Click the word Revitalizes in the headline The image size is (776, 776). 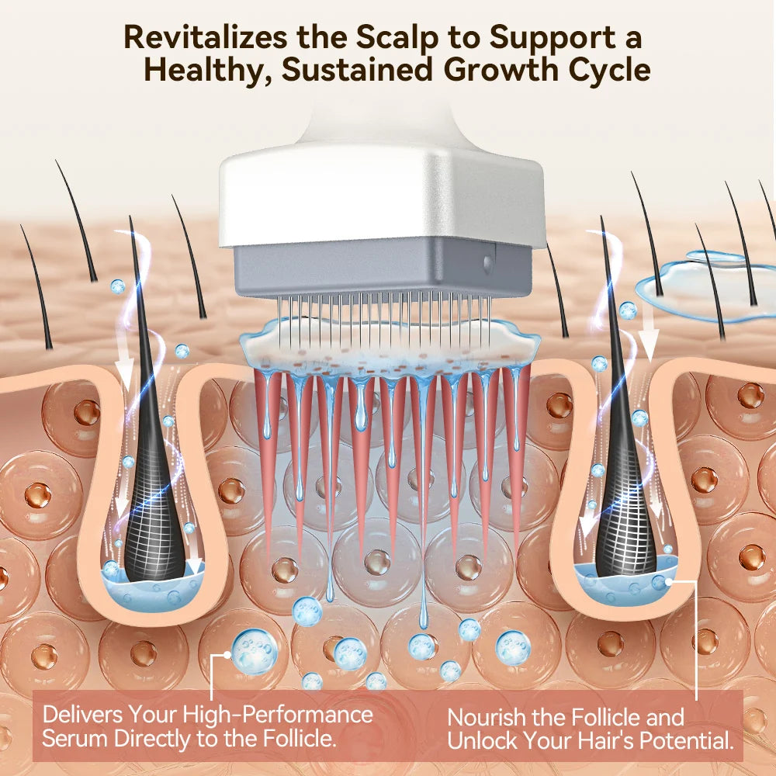pyautogui.click(x=206, y=36)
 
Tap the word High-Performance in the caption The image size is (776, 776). pyautogui.click(x=278, y=715)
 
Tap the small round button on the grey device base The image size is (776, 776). pyautogui.click(x=488, y=263)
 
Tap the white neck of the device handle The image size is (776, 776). pyautogui.click(x=382, y=123)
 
